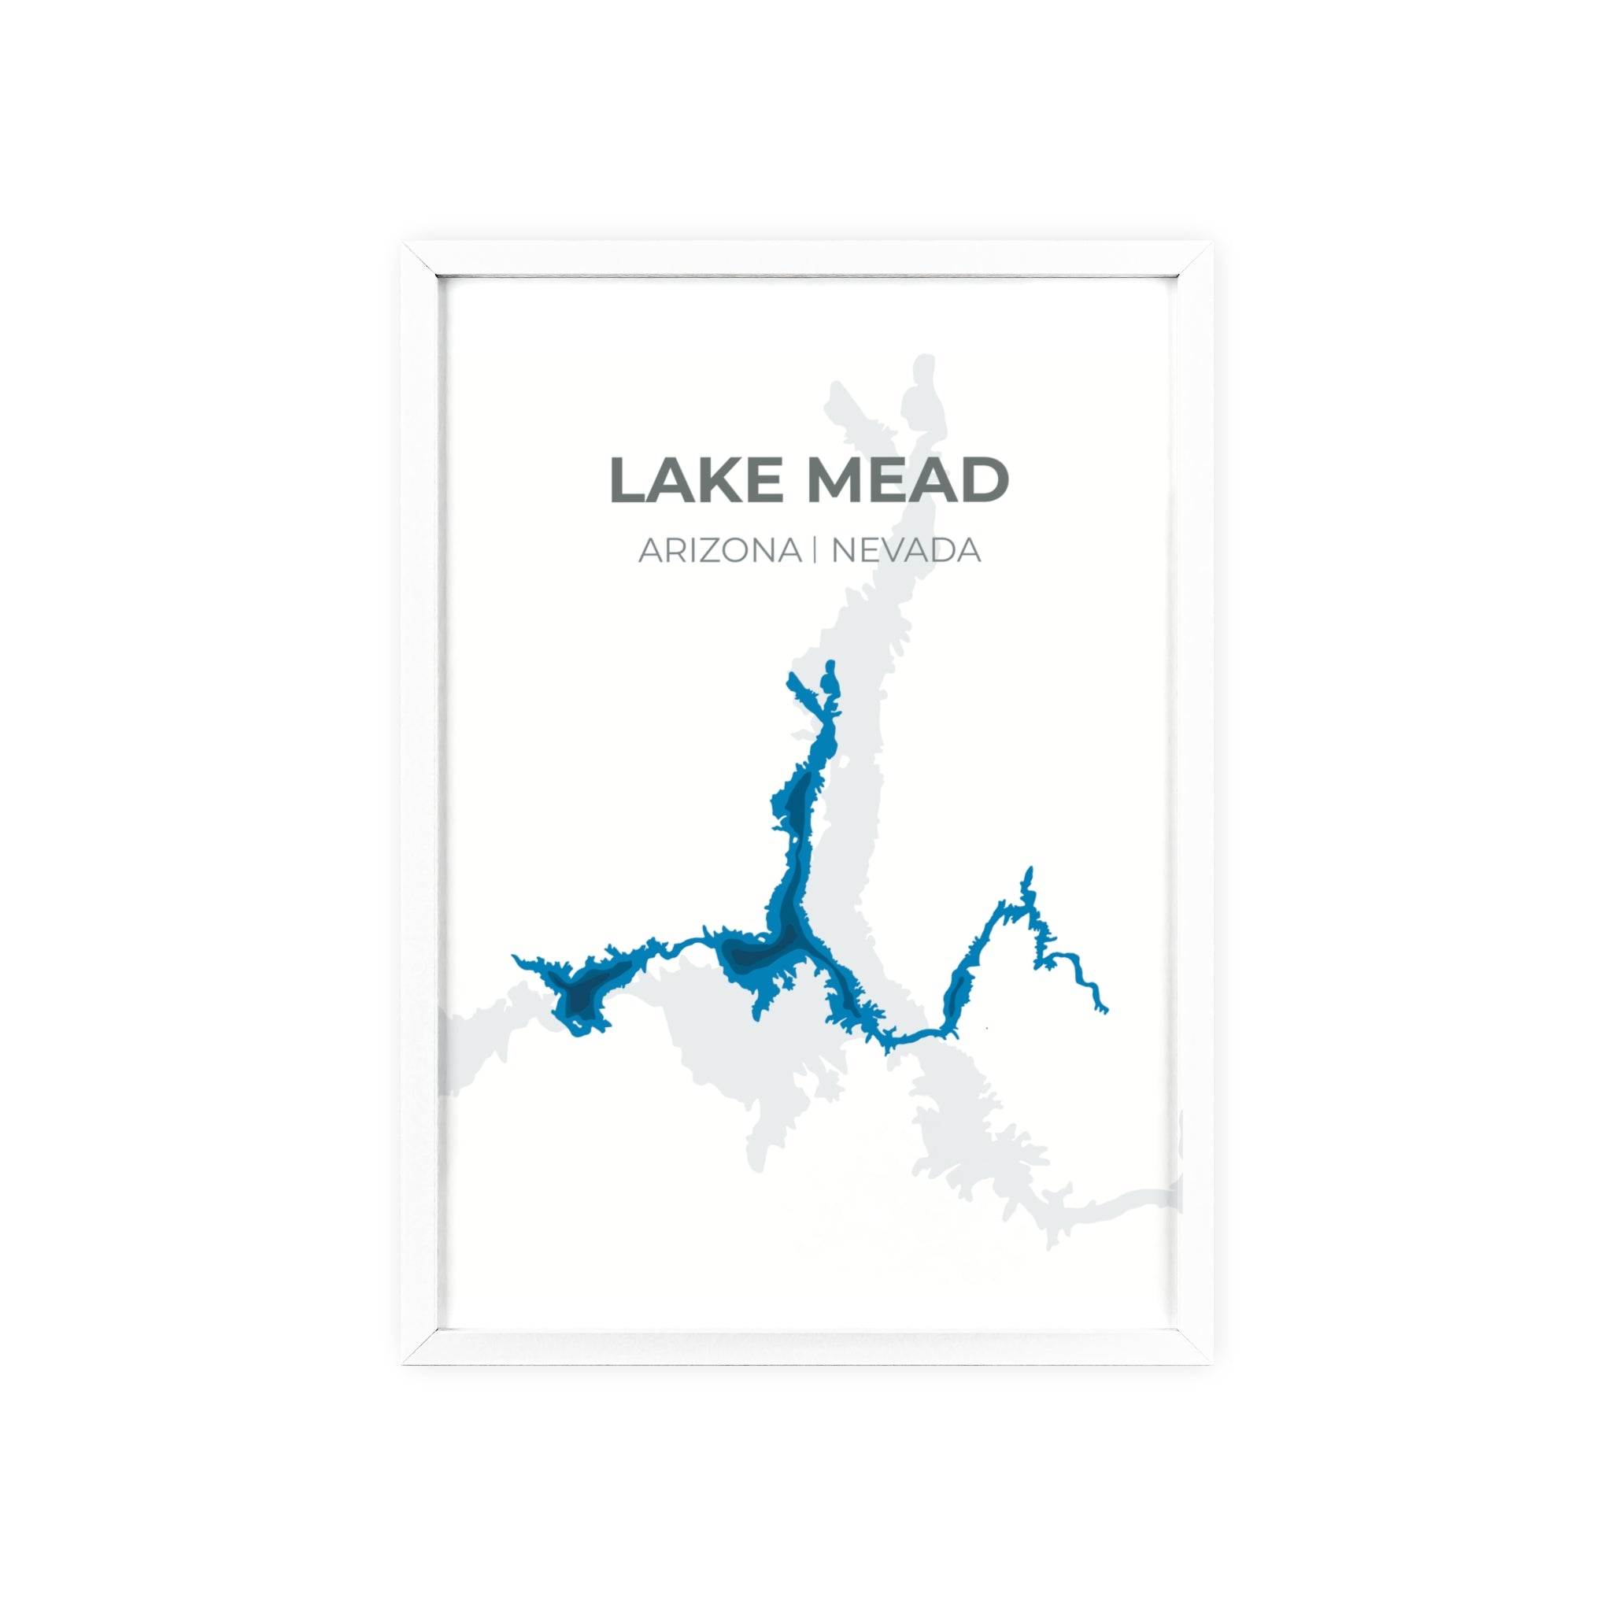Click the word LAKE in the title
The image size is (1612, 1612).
[696, 481]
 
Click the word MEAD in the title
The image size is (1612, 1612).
[907, 481]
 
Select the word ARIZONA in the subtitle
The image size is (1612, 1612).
[719, 551]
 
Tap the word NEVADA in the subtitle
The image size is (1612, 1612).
[905, 551]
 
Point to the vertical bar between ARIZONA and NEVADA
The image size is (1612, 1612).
[816, 551]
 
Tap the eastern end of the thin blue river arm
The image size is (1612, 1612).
[1104, 1011]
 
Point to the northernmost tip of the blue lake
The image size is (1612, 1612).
[830, 664]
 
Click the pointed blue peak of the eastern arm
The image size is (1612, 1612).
[1029, 871]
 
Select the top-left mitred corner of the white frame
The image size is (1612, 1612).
[420, 259]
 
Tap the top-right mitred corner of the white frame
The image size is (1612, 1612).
[1195, 259]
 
